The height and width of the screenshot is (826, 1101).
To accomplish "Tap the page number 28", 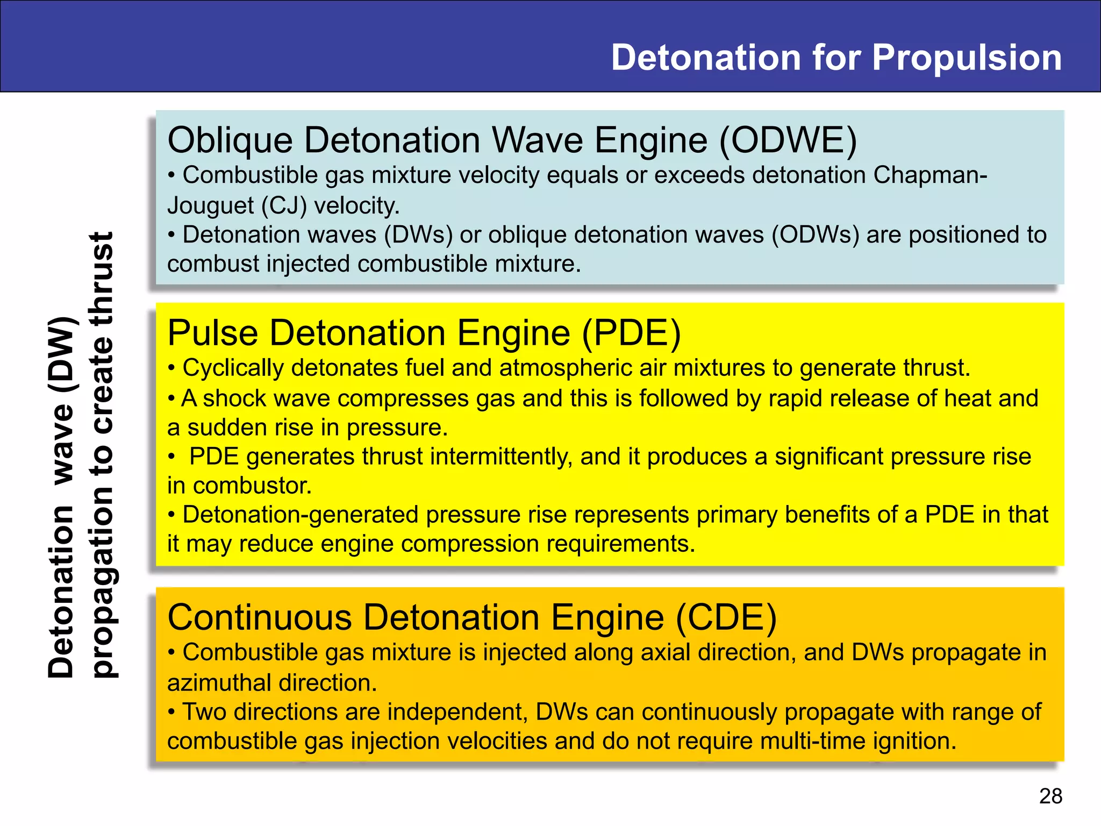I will pos(1050,796).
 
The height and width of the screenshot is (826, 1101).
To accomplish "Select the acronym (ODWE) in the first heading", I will pos(788,141).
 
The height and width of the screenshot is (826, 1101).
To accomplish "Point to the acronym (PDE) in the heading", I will pos(632,333).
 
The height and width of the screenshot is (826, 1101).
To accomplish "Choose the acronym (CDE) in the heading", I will pos(726,617).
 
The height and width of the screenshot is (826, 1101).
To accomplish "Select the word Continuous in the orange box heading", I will pos(260,617).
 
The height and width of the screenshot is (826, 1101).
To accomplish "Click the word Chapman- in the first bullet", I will pos(930,176).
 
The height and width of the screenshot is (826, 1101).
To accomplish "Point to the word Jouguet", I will pos(211,206).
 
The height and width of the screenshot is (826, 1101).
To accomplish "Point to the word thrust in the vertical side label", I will pos(102,280).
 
